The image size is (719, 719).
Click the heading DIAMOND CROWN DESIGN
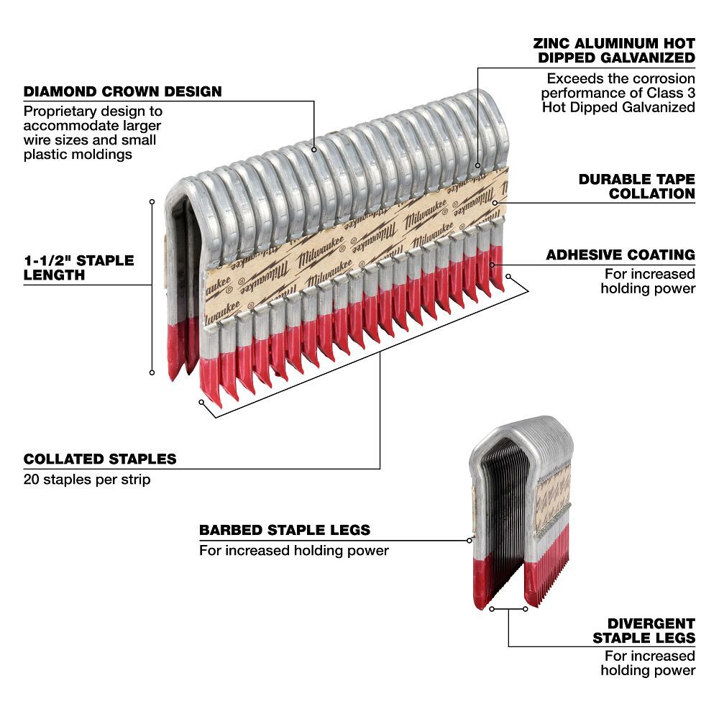pos(122,92)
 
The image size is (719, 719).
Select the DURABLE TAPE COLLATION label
pos(636,186)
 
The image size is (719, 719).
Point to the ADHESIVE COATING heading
pos(620,255)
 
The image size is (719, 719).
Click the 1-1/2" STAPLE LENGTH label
pos(78,267)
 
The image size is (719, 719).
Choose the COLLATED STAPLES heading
pos(100,459)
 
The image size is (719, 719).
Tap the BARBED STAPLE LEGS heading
pos(285,531)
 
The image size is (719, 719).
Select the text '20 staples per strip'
pos(87,479)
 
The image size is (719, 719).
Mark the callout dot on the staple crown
pos(314,150)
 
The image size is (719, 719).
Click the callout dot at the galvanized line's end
pos(477,166)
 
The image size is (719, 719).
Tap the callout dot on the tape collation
pos(495,203)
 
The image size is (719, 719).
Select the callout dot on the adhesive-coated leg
pos(493,264)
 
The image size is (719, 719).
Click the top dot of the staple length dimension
pos(152,202)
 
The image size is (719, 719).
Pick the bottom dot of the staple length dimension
pos(152,372)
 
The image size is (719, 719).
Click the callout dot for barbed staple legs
pos(469,540)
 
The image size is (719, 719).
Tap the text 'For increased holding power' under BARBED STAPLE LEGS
pos(293,551)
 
